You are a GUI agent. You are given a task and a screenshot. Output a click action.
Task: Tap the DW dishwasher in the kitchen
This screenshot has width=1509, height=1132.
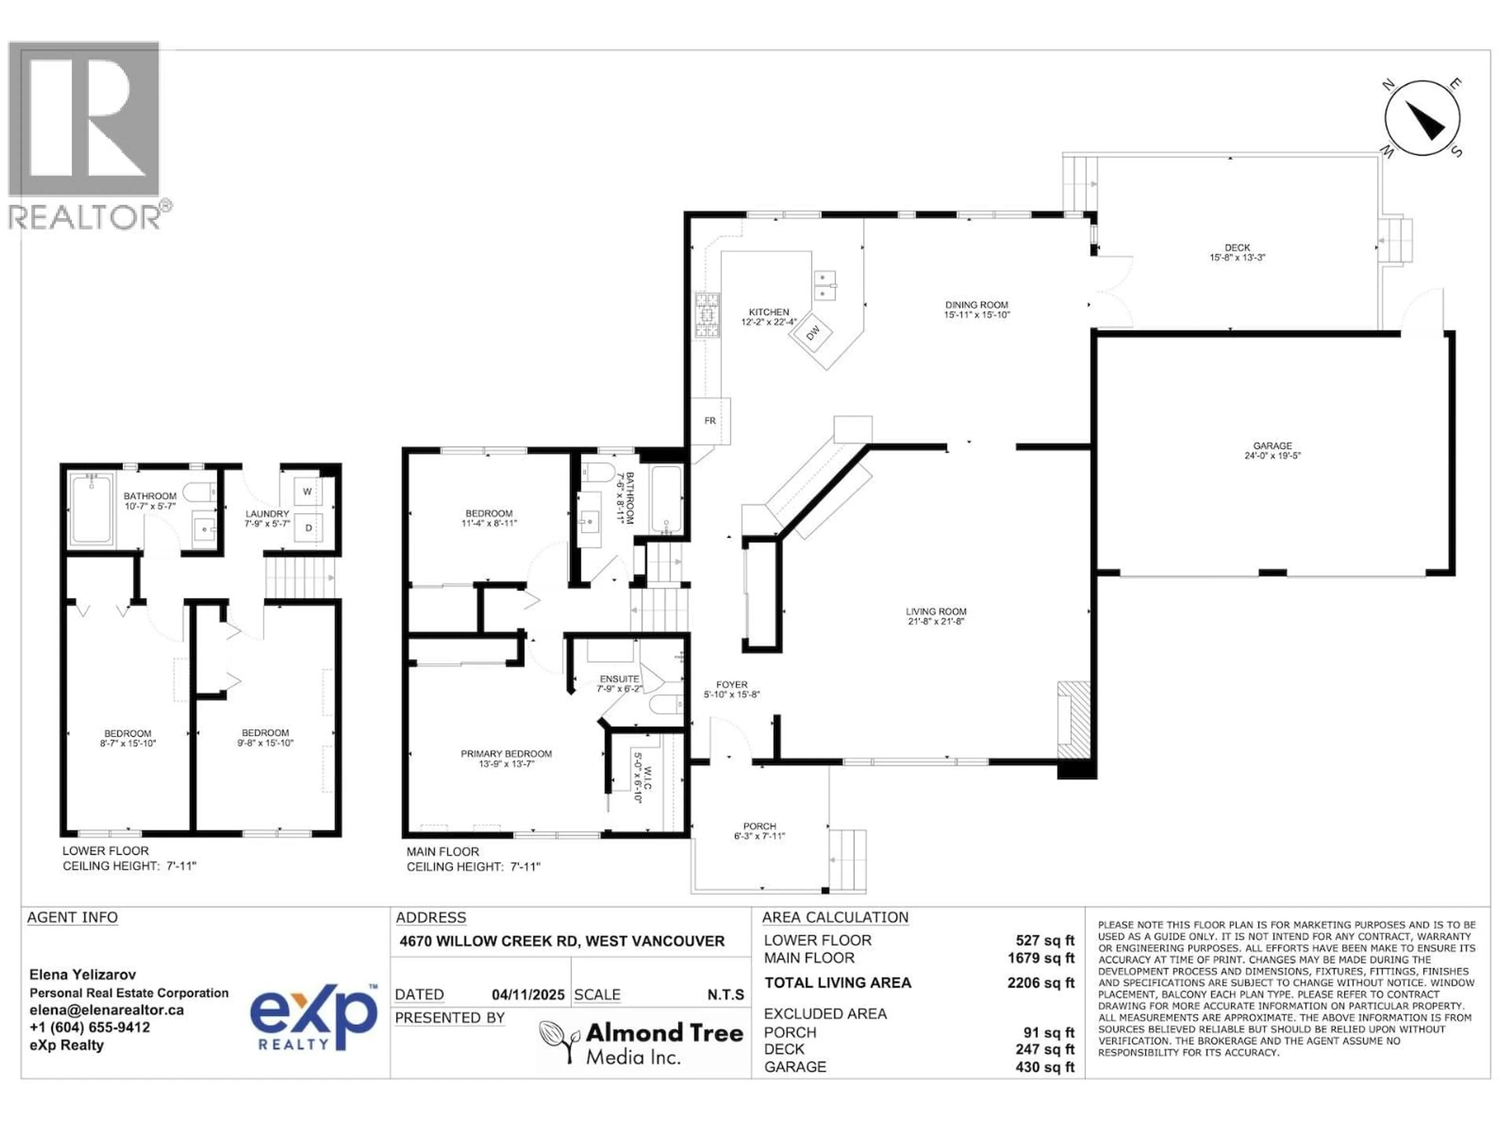(x=813, y=332)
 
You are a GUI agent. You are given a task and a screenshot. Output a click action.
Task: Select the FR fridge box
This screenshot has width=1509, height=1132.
(x=710, y=420)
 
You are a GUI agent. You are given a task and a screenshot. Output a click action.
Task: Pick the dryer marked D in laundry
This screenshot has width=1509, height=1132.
(x=308, y=527)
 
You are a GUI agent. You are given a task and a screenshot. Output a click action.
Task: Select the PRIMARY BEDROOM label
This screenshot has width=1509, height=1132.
(x=506, y=754)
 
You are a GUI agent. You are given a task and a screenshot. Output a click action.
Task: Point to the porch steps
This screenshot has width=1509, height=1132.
(x=848, y=860)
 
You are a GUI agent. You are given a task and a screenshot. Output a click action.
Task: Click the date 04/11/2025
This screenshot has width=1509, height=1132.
(x=528, y=995)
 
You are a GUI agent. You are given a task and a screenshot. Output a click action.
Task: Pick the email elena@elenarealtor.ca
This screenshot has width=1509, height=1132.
(x=106, y=1010)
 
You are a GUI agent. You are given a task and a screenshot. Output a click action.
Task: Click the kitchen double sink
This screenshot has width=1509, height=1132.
(x=826, y=285)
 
